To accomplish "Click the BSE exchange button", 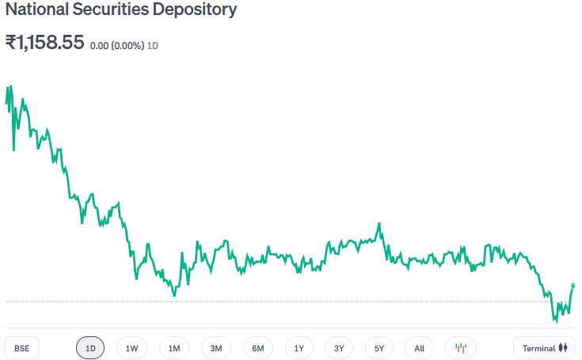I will point(21,348).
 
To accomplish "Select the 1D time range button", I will point(90,348).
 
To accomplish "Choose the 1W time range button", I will point(131,348).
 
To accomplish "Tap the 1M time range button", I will point(174,348).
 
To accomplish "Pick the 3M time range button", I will point(215,348).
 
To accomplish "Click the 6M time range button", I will point(258,348).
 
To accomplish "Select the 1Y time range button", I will point(299,348).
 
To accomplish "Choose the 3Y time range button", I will point(339,348).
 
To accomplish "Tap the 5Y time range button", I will point(379,348).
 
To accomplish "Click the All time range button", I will point(419,348).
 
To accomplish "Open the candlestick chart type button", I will point(461,348).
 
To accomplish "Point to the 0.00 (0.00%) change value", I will point(117,46).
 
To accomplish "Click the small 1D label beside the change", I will point(153,46).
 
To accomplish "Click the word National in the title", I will point(34,11).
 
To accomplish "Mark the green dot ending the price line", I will point(572,285).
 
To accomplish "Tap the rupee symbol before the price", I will point(11,43).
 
